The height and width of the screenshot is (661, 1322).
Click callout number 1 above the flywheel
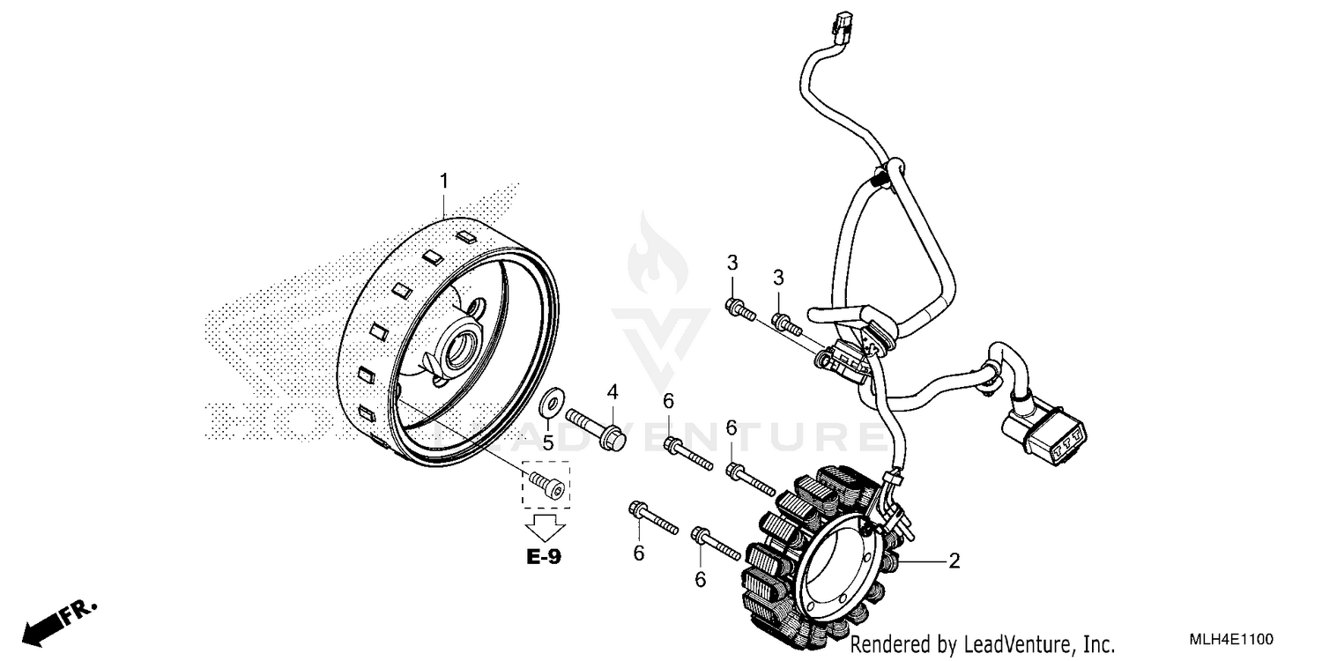(x=444, y=181)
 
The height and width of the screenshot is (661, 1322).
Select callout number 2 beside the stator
(x=954, y=560)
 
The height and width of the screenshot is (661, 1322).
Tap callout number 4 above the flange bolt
(x=612, y=390)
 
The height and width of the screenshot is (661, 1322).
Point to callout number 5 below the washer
(x=547, y=442)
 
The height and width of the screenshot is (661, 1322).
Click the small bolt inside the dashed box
(x=546, y=484)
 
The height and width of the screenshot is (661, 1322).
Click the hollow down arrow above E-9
(x=545, y=527)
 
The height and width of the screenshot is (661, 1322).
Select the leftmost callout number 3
(x=732, y=262)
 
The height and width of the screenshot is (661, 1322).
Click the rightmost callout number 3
(x=778, y=278)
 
